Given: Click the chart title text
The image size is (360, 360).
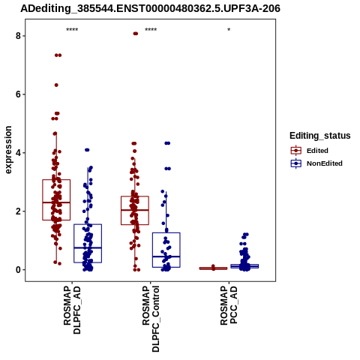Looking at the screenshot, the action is pos(150,8).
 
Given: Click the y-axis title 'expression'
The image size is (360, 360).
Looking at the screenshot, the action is pos(8,150).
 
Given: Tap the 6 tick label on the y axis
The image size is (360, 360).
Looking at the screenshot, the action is pos(18,94).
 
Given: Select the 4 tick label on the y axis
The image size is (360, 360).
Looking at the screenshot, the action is pos(18,153).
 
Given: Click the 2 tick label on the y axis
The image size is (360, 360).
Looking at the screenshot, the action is pos(18,211).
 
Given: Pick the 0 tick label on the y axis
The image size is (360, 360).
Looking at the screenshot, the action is pos(18,270).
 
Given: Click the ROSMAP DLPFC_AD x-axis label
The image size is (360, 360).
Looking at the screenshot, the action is pos(72,310).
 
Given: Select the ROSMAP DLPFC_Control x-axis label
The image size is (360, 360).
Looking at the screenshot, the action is pos(151,319).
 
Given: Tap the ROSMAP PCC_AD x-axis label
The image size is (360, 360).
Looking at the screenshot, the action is pos(229,305).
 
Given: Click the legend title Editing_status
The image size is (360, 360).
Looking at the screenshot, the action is pos(320,136).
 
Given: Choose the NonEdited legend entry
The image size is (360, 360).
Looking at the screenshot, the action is pos(316,163).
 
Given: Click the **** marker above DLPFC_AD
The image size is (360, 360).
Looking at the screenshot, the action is pos(72,30).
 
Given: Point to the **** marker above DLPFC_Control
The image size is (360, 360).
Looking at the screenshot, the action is pos(151,30).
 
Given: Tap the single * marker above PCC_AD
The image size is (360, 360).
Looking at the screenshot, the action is pos(229,30).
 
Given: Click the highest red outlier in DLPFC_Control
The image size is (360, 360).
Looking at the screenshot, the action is pos(135,34).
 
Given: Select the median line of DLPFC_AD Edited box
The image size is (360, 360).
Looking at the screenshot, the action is pos(56,202).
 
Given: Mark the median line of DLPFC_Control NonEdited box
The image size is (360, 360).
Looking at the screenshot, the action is pos(166,256).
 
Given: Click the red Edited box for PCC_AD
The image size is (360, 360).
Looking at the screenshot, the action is pos(213,268).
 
